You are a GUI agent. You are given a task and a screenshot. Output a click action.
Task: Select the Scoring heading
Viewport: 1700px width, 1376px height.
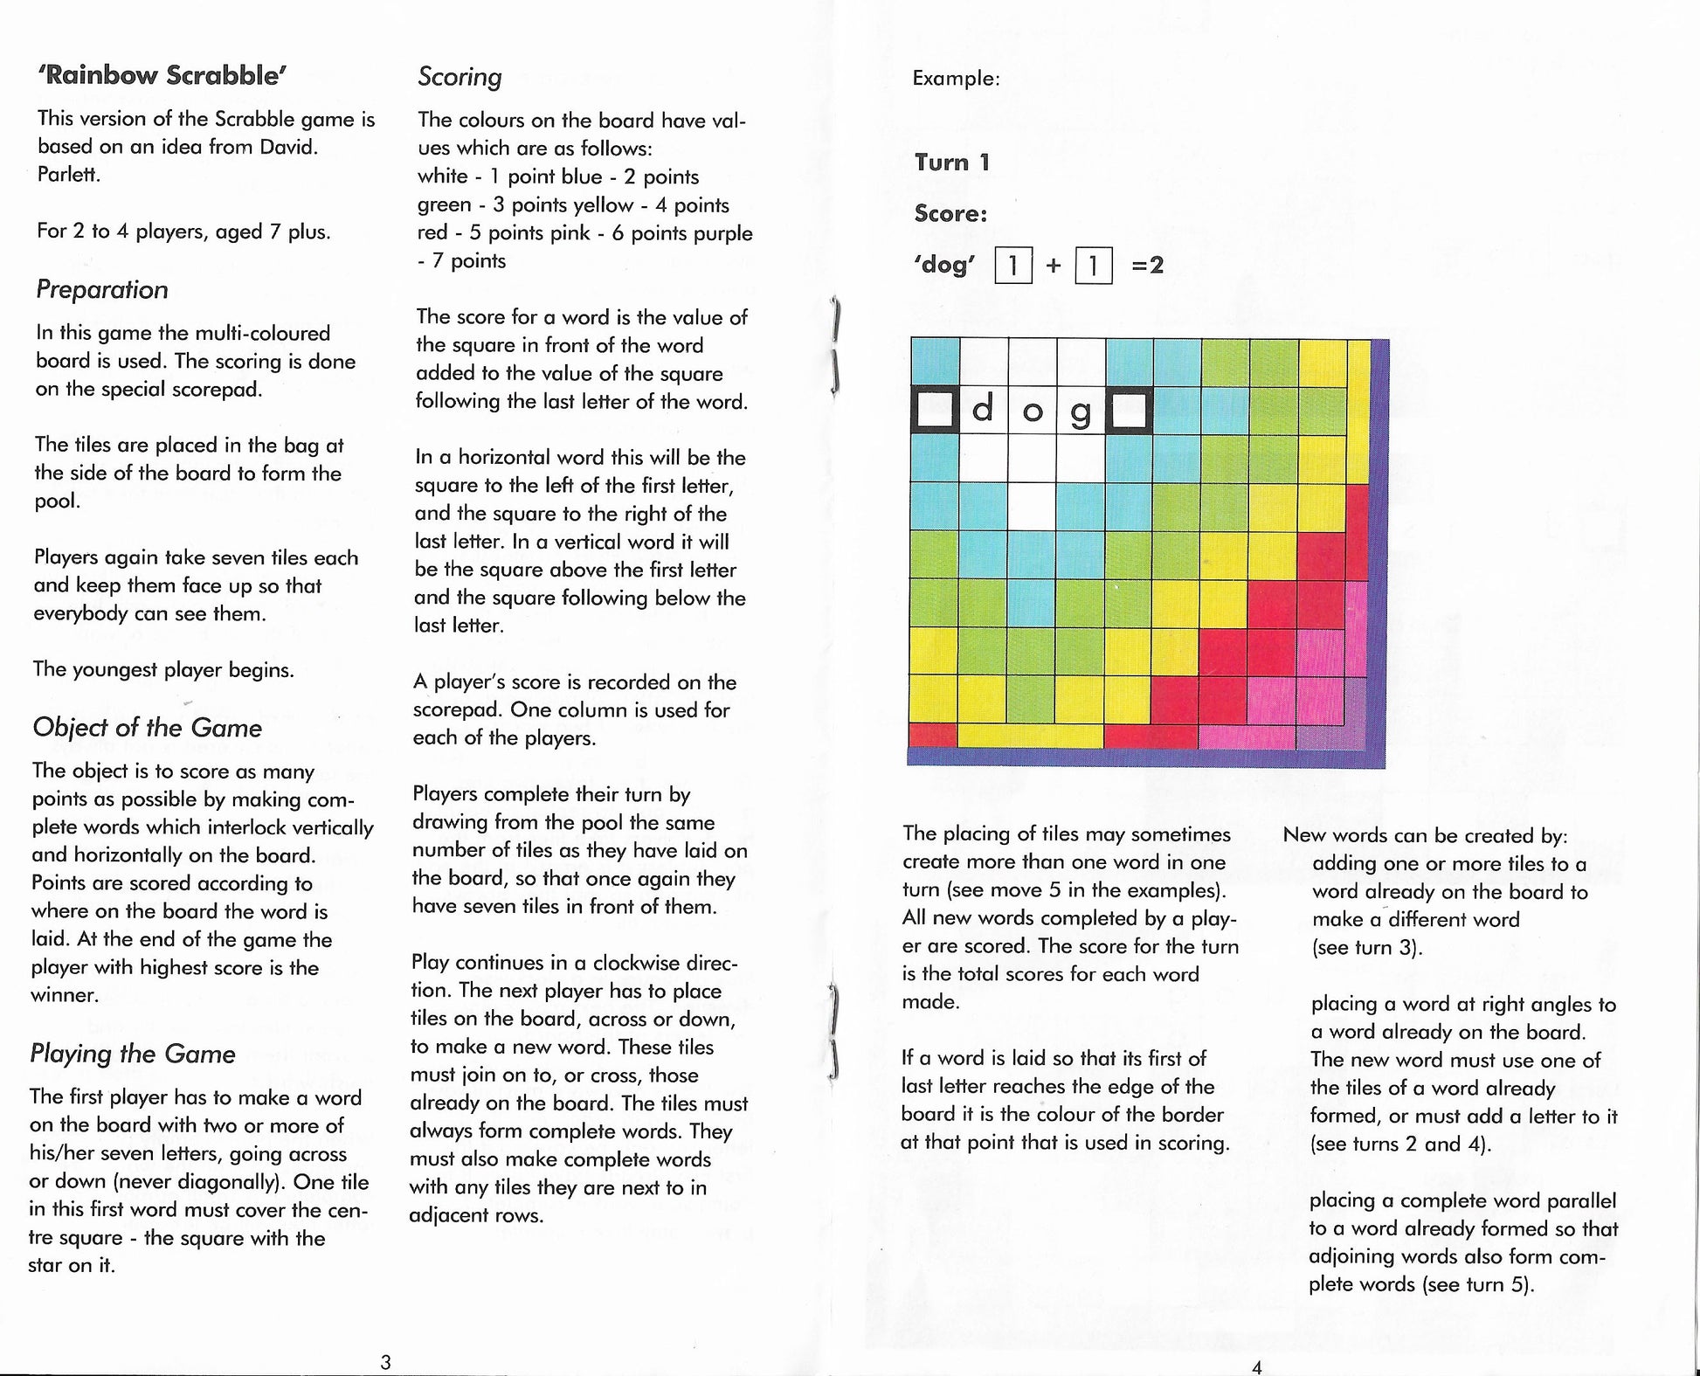tap(460, 77)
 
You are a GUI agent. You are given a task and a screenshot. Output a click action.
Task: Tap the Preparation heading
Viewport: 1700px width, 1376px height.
tap(102, 289)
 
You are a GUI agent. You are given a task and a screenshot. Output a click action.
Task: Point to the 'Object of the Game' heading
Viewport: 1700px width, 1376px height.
tap(147, 728)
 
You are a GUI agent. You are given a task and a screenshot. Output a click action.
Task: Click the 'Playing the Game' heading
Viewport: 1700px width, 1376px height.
tap(133, 1054)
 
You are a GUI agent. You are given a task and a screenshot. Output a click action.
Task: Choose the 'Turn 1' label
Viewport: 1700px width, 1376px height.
tap(952, 162)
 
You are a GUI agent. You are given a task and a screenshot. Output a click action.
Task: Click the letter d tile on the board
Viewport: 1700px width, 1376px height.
tap(983, 410)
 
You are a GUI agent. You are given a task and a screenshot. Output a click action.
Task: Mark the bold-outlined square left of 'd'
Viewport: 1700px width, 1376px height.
tap(935, 411)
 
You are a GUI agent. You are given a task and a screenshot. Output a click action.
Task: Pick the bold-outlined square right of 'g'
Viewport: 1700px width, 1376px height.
tap(1130, 411)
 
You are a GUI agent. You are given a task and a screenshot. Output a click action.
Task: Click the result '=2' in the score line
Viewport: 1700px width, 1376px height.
tap(1148, 265)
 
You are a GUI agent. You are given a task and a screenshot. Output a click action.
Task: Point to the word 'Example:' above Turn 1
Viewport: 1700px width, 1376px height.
tap(956, 79)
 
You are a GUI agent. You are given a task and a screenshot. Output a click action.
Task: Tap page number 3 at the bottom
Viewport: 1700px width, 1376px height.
tap(385, 1361)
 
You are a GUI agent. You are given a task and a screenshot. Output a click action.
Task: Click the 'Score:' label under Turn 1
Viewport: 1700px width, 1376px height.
tap(950, 214)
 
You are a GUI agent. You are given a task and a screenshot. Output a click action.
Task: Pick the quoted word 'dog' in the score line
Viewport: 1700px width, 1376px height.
tap(944, 265)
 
